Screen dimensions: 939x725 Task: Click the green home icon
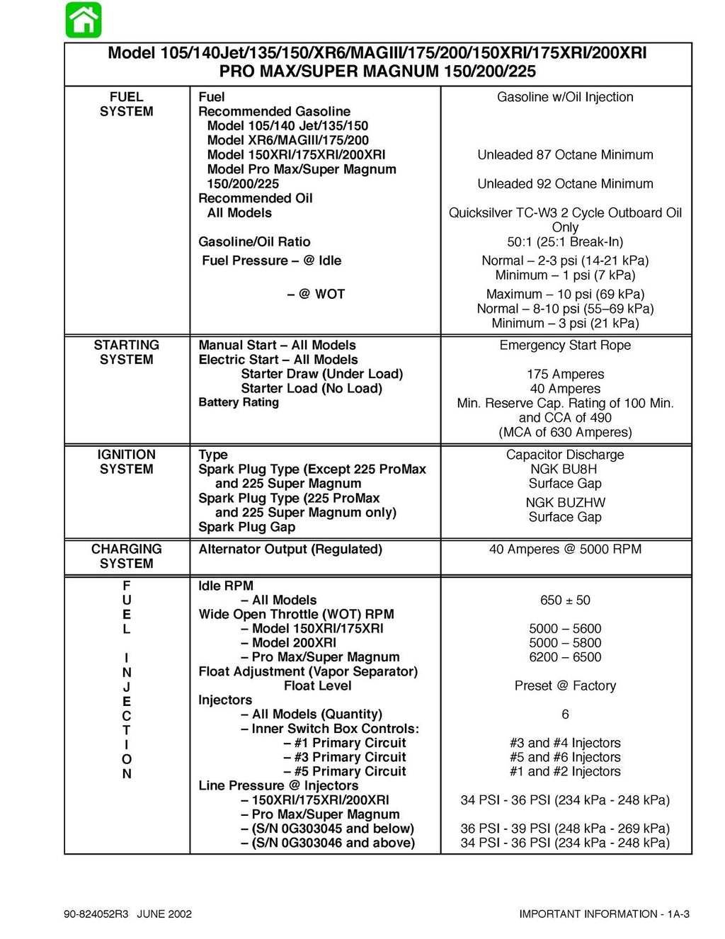click(x=84, y=20)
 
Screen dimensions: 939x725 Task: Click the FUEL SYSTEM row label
click(x=126, y=104)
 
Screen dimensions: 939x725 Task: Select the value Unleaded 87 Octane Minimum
click(x=565, y=154)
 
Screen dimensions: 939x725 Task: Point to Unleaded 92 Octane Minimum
click(x=565, y=183)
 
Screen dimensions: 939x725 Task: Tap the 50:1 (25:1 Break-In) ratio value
click(x=565, y=241)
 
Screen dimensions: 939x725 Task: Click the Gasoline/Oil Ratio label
click(x=254, y=241)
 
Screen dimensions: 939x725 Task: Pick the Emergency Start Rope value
click(x=565, y=345)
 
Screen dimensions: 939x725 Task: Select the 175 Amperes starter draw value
click(x=565, y=374)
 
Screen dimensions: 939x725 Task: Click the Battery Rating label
click(x=239, y=402)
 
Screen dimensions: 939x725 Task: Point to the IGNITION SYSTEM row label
click(x=126, y=462)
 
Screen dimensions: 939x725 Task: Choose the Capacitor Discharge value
click(x=565, y=455)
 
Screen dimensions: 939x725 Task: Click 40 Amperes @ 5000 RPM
click(x=565, y=549)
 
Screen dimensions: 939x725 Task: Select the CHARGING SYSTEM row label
click(x=126, y=556)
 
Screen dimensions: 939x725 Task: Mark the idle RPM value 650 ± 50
click(x=565, y=600)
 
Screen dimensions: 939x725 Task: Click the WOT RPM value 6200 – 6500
click(x=565, y=657)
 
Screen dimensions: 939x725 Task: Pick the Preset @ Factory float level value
click(x=565, y=685)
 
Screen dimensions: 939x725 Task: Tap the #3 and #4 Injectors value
click(x=565, y=743)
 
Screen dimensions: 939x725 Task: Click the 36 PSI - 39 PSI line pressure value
click(x=565, y=829)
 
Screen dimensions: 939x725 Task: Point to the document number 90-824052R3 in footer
click(x=96, y=914)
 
